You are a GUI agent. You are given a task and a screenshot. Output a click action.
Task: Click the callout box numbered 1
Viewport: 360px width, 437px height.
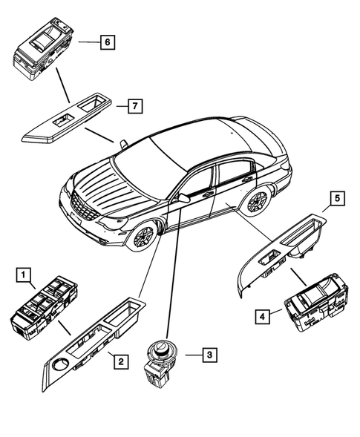point(24,277)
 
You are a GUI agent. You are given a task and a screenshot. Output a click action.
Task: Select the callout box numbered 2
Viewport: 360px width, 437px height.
point(117,361)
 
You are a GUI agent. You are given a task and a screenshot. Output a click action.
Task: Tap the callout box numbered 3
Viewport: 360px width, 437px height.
point(210,355)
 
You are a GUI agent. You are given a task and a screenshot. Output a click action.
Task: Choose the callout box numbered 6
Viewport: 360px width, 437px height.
point(107,42)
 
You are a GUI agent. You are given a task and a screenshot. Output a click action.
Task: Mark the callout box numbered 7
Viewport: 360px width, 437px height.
point(133,106)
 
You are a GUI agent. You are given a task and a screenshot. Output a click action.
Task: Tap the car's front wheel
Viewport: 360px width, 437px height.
point(144,237)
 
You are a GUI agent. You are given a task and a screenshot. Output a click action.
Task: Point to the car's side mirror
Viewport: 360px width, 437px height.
point(180,198)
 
